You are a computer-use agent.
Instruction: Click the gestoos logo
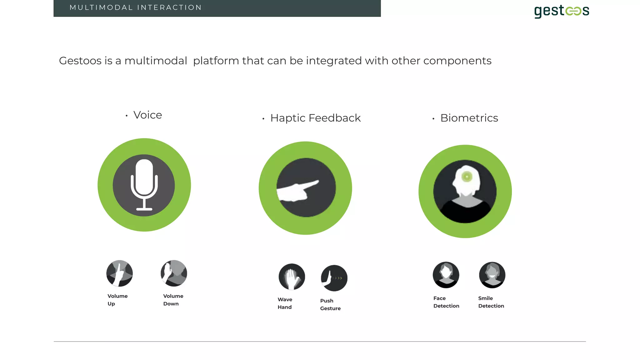click(x=562, y=11)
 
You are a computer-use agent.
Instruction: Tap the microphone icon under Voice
click(x=144, y=185)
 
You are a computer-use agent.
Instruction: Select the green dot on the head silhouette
click(x=467, y=177)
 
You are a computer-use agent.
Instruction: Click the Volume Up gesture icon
click(x=119, y=273)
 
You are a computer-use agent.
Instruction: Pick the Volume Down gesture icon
click(x=174, y=273)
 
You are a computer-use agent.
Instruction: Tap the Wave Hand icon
click(x=292, y=277)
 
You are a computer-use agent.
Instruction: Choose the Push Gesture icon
click(x=334, y=278)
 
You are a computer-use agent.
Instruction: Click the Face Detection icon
click(x=446, y=275)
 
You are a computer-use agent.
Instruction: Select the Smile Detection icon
click(x=492, y=275)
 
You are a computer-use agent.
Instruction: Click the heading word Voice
click(x=147, y=115)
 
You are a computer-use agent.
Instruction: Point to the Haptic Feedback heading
click(x=315, y=118)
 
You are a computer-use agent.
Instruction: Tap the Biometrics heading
click(x=469, y=118)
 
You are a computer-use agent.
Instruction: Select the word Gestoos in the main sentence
click(x=80, y=61)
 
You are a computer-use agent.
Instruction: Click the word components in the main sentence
click(x=457, y=61)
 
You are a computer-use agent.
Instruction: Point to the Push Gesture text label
click(x=330, y=304)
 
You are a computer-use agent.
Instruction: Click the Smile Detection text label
click(x=491, y=302)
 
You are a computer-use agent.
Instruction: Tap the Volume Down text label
click(x=173, y=300)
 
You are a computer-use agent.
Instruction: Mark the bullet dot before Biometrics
click(x=433, y=119)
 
